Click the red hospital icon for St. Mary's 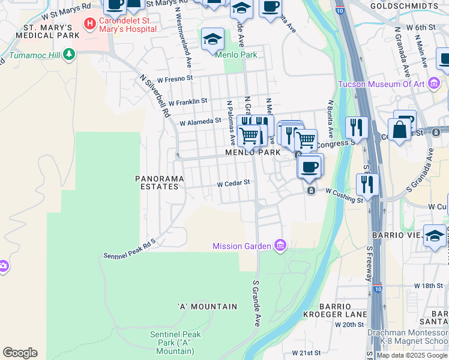90,24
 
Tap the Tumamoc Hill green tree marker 69,55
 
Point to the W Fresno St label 175,78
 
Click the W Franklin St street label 188,102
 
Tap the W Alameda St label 200,121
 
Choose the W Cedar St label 233,184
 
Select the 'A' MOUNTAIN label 208,307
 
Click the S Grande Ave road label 256,299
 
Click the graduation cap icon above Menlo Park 212,39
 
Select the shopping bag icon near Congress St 399,128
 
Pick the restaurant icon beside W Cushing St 367,184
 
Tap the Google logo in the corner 20,353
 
